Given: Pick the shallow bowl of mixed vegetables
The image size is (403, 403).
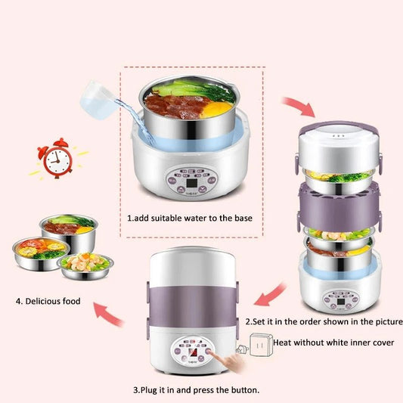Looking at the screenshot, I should [x=86, y=263].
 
